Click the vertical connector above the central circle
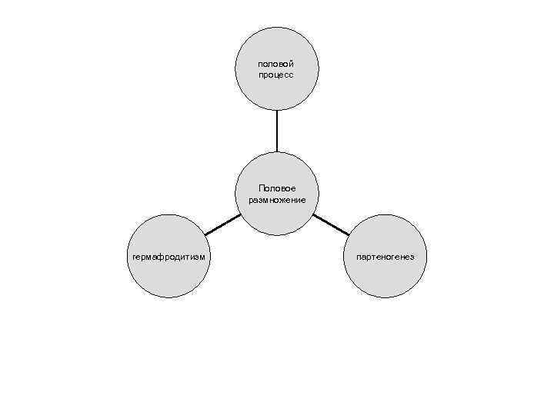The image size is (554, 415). [x=277, y=131]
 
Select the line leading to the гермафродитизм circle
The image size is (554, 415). [x=223, y=224]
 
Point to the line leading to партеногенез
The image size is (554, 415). [x=331, y=224]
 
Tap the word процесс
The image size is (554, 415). [x=277, y=75]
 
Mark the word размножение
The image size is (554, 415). [x=277, y=200]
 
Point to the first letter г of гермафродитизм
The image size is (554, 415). [x=134, y=257]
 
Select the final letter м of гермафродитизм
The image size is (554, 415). [x=202, y=257]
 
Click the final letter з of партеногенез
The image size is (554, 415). [x=412, y=257]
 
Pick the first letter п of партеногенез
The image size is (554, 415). [x=359, y=257]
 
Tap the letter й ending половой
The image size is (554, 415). [x=292, y=64]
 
